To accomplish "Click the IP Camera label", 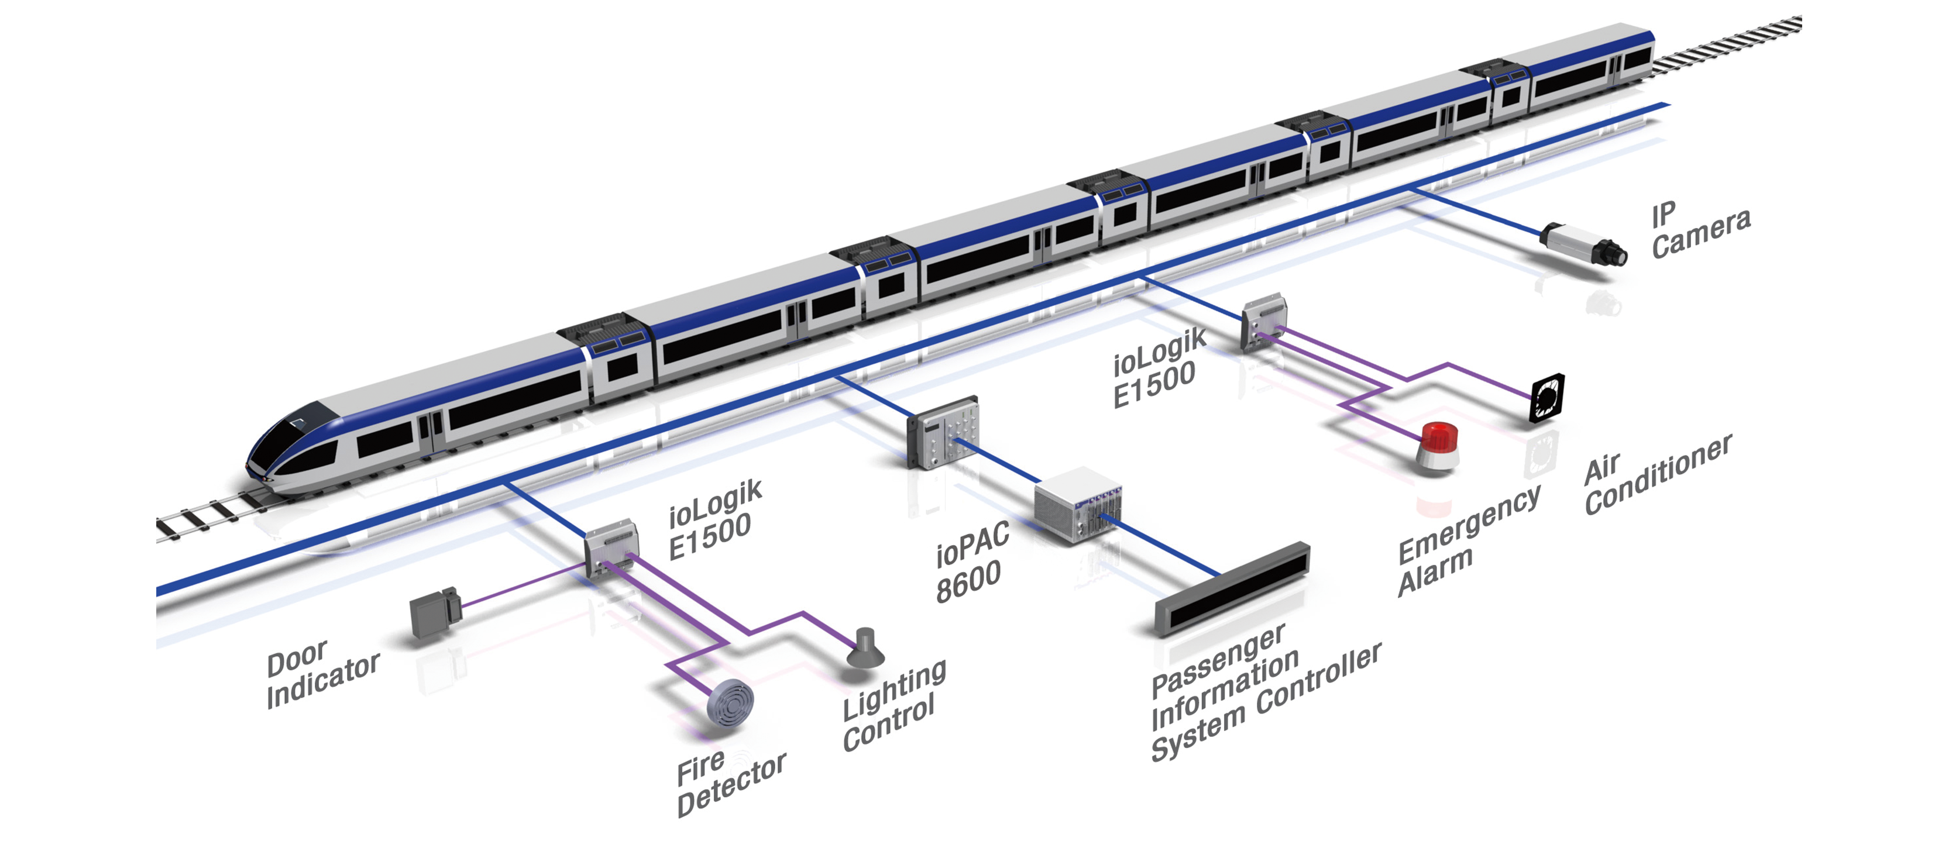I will (1700, 230).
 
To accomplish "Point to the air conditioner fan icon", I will (1547, 397).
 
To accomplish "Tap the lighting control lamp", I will (865, 649).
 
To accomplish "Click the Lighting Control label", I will (893, 704).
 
